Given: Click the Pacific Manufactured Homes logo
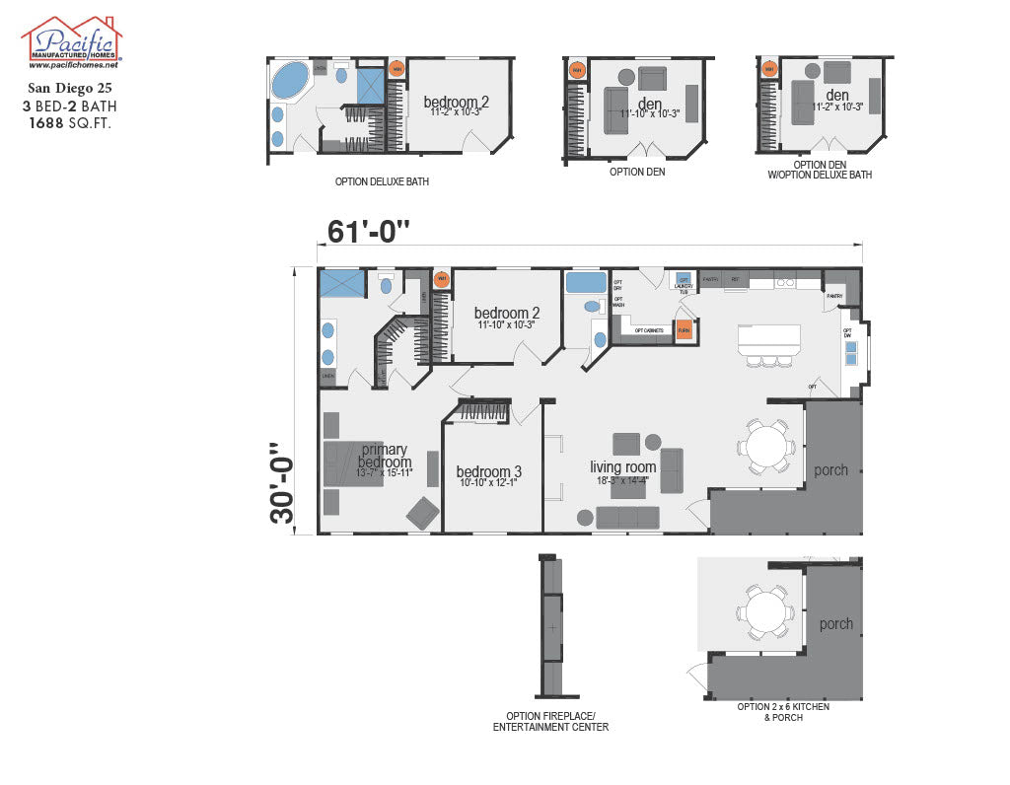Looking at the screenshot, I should pos(71,42).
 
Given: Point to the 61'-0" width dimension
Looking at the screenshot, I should pos(368,232).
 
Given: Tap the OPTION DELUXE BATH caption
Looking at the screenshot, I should pos(382,181).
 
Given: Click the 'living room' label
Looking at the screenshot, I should pos(622,467).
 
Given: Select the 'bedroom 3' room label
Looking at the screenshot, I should pos(489,472).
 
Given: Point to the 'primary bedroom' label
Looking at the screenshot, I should pos(384,456).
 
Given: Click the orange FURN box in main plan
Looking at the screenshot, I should pos(684,331).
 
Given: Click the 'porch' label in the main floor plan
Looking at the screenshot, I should pos(830,470).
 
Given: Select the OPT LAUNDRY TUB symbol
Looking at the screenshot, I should pos(684,282).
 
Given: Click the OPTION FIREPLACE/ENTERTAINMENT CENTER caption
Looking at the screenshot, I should pos(550,722).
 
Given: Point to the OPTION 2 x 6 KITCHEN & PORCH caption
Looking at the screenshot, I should pos(783,712).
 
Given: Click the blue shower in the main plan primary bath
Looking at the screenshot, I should pos(340,283).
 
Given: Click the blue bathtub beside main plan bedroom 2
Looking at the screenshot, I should pos(585,283).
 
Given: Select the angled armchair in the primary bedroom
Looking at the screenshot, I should pos(424,512).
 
